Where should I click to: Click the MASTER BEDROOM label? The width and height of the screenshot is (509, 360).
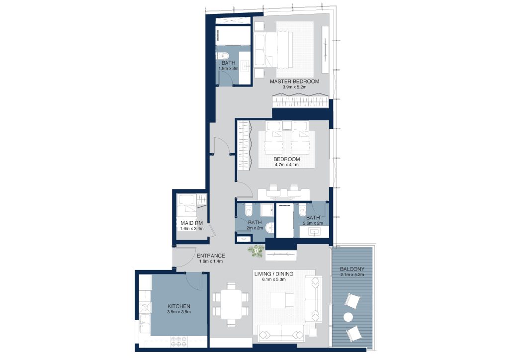click(294, 82)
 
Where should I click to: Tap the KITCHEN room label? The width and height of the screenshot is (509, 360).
click(179, 306)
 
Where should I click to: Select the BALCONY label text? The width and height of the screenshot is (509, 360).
click(352, 269)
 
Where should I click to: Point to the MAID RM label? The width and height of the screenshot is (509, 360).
click(191, 223)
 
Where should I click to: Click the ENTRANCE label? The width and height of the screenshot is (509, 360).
click(211, 256)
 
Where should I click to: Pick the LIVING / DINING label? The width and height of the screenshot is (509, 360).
click(274, 274)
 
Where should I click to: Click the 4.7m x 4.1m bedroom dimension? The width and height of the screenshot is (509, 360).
click(287, 165)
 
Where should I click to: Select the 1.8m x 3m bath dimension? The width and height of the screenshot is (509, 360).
click(229, 69)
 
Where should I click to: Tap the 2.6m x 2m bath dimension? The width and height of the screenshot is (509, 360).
click(313, 223)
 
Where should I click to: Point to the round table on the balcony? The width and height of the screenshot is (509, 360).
click(348, 317)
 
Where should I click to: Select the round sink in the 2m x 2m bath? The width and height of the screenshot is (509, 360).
click(270, 228)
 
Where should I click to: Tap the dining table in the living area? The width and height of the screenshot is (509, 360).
click(231, 304)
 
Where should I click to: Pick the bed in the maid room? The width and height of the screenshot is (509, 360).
click(186, 206)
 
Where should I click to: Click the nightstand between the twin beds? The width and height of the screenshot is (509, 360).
click(287, 126)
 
